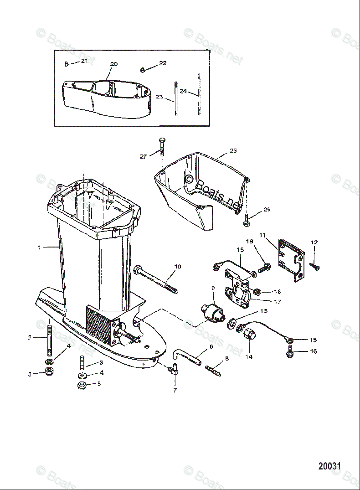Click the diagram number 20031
[x=329, y=466]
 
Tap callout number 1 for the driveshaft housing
[x=40, y=248]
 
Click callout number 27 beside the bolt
[x=143, y=156]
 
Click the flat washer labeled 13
[x=231, y=325]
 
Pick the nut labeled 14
[x=251, y=337]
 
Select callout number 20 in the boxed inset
[x=113, y=64]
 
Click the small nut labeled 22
[x=143, y=69]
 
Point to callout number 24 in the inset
[x=183, y=91]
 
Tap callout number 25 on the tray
[x=233, y=150]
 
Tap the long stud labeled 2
[x=48, y=340]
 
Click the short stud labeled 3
[x=82, y=364]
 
